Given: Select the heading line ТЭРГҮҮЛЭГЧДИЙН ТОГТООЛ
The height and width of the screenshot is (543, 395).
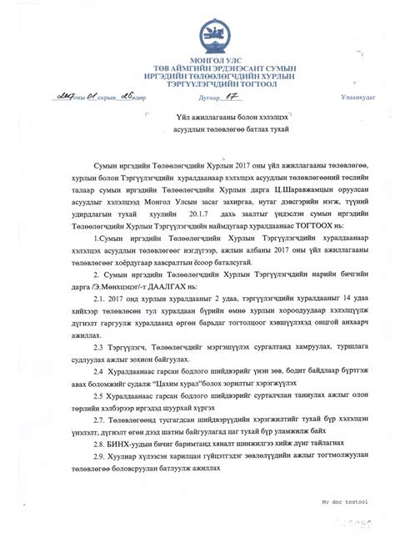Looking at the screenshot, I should click(197, 83).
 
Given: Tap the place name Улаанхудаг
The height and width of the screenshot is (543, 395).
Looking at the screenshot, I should click(358, 98).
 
